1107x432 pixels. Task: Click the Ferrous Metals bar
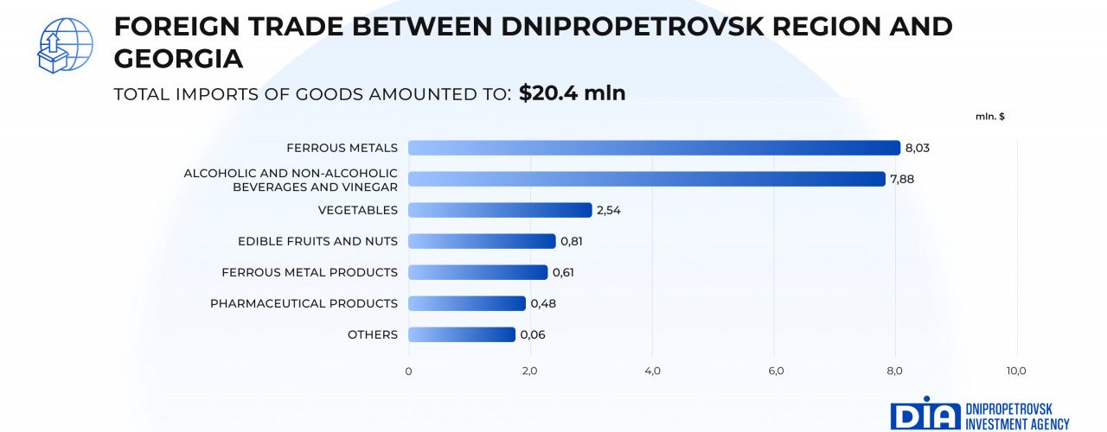click(x=654, y=148)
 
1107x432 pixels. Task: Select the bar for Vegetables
click(x=500, y=210)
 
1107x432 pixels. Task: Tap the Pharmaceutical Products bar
click(x=467, y=303)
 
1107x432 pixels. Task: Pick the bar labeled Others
click(x=462, y=334)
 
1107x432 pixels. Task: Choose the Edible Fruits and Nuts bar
click(x=482, y=241)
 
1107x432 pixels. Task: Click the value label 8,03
click(x=917, y=148)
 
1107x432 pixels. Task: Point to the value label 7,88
click(x=902, y=179)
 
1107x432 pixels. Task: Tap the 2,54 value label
click(x=609, y=210)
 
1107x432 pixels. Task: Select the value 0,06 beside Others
click(x=533, y=334)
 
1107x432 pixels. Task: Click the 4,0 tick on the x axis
click(x=652, y=371)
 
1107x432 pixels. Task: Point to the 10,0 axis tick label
click(x=1016, y=371)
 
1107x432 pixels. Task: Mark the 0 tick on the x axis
click(x=408, y=371)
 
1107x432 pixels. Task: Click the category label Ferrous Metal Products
click(x=310, y=272)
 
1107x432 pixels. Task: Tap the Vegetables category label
click(x=357, y=210)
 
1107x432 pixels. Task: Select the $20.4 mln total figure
click(x=572, y=93)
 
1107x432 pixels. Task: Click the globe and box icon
click(x=65, y=45)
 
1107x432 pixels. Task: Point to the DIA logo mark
click(x=925, y=415)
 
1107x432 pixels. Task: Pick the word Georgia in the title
click(x=178, y=59)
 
